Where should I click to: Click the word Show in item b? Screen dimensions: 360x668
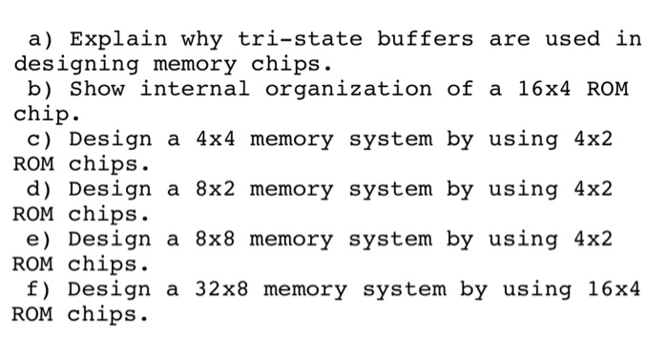click(x=96, y=90)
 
